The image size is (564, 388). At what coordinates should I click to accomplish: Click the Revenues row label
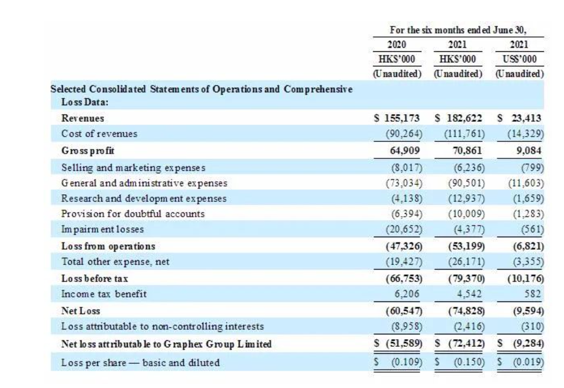(83, 118)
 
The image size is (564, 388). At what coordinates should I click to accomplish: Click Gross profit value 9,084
(529, 150)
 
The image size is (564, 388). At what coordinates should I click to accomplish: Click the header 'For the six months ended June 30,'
(458, 29)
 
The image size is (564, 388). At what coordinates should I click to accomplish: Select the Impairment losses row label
(103, 229)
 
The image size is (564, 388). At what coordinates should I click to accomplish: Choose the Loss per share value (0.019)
(526, 363)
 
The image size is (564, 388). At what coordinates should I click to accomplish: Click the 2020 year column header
(397, 45)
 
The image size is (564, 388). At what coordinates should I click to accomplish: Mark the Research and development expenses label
(144, 198)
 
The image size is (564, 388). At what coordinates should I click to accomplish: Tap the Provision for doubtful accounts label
(133, 214)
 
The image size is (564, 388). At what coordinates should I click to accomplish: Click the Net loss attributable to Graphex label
(166, 344)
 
